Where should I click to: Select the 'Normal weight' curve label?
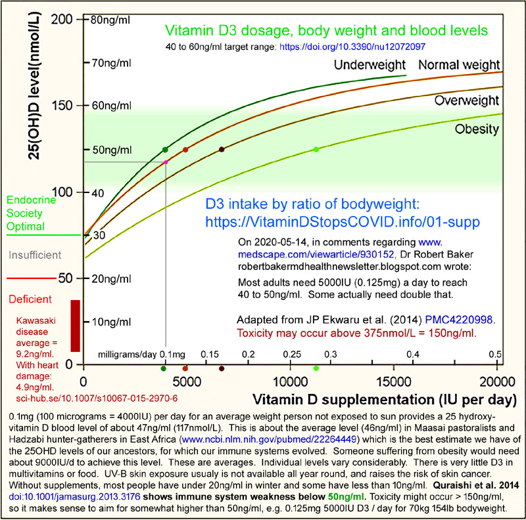(461, 64)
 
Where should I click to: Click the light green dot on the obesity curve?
(317, 150)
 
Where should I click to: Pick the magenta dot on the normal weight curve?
(166, 162)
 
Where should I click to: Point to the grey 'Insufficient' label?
(34, 254)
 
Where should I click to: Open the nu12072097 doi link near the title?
(348, 48)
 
